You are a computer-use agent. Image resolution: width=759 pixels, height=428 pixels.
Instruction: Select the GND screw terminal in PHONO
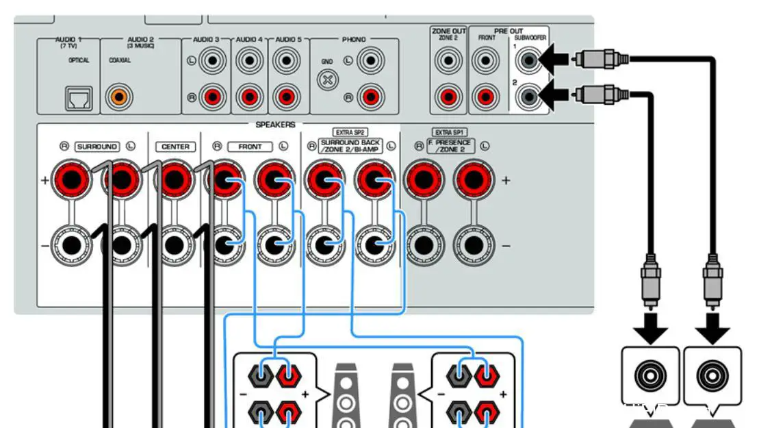coord(329,79)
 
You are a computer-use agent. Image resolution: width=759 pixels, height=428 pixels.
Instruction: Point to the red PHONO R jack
coord(370,95)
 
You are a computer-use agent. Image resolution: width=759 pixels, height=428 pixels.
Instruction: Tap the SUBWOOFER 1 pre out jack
coord(528,62)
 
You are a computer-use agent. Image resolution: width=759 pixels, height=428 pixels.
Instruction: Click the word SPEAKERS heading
coord(275,125)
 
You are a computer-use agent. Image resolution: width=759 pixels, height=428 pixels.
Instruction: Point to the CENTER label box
coord(175,147)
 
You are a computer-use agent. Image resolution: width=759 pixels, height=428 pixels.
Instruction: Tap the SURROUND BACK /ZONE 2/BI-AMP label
coord(351,147)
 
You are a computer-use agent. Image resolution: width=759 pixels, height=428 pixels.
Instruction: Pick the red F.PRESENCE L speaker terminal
coord(472,180)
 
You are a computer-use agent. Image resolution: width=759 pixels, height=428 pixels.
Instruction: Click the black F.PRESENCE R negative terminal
coord(424,244)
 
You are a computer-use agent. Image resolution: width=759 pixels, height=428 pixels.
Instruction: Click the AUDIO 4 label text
coord(250,40)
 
